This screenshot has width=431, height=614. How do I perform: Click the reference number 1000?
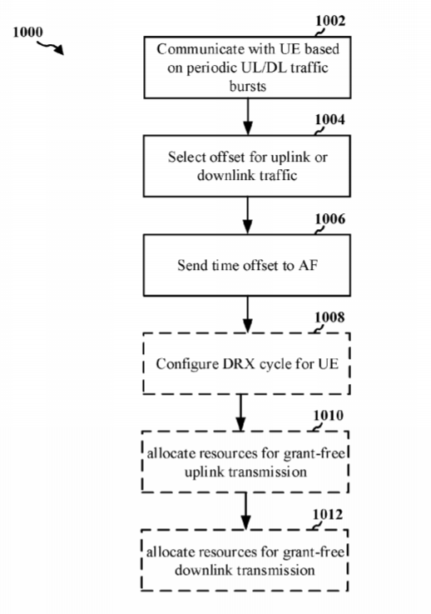[27, 32]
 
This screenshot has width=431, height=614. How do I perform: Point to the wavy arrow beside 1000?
[51, 47]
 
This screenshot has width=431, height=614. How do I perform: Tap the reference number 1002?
[330, 21]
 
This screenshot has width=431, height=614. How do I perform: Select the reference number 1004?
[330, 119]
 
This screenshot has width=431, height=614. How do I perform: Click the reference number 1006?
[330, 219]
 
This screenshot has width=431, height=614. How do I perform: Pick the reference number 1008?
[329, 317]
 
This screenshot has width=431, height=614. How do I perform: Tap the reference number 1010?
[329, 416]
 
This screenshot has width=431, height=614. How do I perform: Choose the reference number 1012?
[328, 514]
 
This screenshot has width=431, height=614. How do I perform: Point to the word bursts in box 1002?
[248, 86]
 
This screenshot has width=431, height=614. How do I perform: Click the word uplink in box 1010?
[205, 472]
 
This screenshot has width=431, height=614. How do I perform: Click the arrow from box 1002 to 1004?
[248, 117]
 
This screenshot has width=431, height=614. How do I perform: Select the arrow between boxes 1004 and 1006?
[248, 216]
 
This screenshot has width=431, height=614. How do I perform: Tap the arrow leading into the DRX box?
[248, 314]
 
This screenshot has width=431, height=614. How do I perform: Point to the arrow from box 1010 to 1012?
[245, 511]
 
